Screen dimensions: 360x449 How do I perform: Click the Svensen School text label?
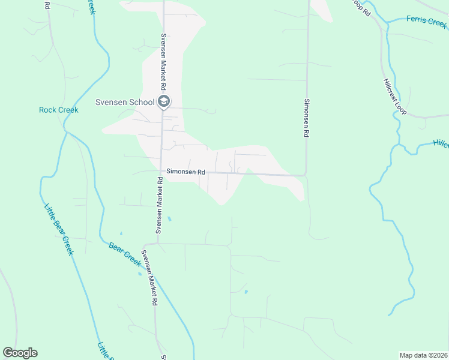[x=125, y=102]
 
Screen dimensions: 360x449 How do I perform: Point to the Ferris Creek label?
[x=426, y=21]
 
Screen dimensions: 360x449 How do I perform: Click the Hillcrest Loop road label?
[x=394, y=97]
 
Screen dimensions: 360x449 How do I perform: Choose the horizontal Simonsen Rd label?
[x=186, y=172]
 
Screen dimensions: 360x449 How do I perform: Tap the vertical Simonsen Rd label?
[x=306, y=118]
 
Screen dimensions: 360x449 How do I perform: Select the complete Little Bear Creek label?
[x=59, y=230]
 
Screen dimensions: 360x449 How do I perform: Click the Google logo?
[x=20, y=353]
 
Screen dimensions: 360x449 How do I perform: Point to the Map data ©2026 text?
[x=424, y=355]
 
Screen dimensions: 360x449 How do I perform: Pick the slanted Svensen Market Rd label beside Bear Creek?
[x=149, y=278]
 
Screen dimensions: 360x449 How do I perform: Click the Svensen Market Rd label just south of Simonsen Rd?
[x=160, y=205]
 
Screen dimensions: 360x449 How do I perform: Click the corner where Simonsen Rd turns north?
[x=306, y=175]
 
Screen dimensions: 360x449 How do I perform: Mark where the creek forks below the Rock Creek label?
[x=66, y=132]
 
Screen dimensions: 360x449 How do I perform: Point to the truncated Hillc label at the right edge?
[x=441, y=144]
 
